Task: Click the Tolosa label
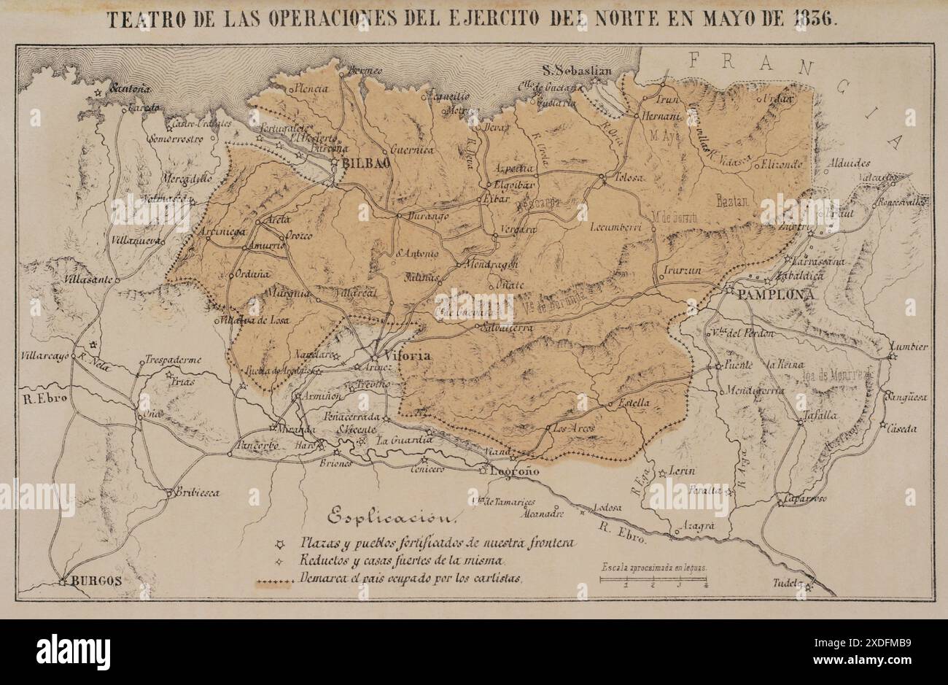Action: click(x=628, y=177)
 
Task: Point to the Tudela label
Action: click(x=789, y=584)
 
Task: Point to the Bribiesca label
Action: click(x=197, y=493)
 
